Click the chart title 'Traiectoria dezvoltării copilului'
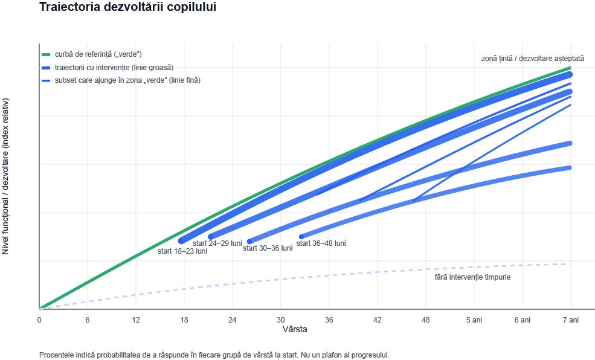127,8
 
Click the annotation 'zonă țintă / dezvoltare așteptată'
532,59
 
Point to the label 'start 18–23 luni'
182,251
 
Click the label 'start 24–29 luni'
217,243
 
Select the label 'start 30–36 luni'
268,248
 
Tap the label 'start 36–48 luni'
321,243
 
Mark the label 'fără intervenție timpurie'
472,277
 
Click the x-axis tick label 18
184,320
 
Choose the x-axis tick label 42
378,320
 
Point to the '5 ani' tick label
474,320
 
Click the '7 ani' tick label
571,320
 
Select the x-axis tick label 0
39,320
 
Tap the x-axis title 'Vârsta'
295,330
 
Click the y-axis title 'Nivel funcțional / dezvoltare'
6,176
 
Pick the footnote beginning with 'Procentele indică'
214,355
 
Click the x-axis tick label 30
281,320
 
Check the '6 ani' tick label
523,320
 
